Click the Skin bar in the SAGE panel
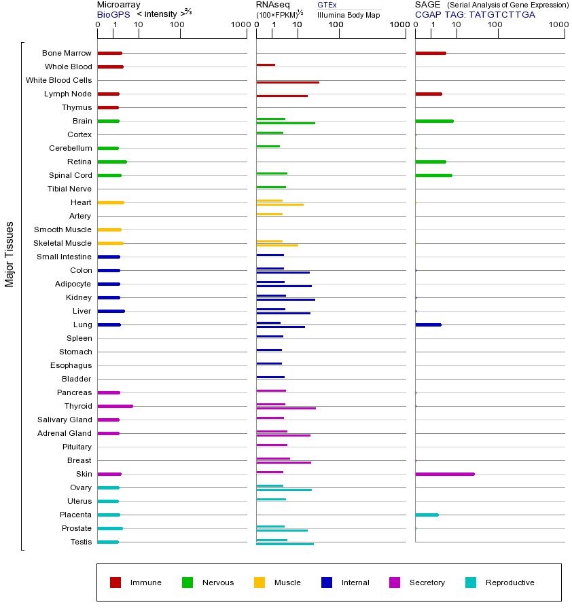[x=445, y=474]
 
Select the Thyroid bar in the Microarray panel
[x=115, y=406]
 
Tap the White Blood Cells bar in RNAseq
[x=287, y=82]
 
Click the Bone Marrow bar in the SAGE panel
[x=430, y=53]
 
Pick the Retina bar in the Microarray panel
[x=112, y=162]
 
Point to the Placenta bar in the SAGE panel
[x=427, y=515]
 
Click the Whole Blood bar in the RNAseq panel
[x=266, y=65]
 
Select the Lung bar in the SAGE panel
[x=428, y=325]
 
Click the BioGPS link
[x=112, y=14]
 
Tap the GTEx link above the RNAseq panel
[x=327, y=5]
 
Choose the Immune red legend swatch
[x=115, y=582]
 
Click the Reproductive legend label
[x=510, y=582]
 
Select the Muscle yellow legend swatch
[x=260, y=582]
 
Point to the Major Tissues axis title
[x=10, y=253]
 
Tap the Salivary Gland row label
[x=65, y=420]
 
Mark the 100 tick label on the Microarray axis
[x=177, y=25]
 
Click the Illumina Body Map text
[x=348, y=15]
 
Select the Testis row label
[x=81, y=542]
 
